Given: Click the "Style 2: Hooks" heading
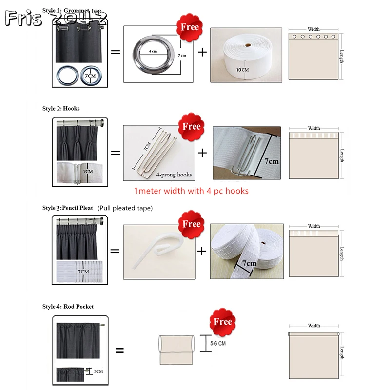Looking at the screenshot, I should tap(61, 108).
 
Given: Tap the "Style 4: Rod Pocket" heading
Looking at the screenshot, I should tap(68, 307).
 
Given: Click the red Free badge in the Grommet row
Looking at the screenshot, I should tap(190, 27).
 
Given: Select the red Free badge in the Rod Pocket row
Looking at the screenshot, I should tap(222, 322).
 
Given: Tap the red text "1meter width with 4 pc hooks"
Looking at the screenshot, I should tap(191, 191).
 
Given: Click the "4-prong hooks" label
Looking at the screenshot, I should tap(174, 174).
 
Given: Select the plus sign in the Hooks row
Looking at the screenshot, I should tap(202, 153).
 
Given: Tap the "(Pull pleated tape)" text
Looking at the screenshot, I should tap(125, 208).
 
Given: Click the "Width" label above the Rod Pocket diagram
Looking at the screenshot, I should tap(314, 326).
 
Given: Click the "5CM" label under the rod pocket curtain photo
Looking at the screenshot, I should tap(98, 371).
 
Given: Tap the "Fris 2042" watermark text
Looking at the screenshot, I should tap(56, 19).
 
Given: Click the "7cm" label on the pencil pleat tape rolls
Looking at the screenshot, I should tap(248, 264).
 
